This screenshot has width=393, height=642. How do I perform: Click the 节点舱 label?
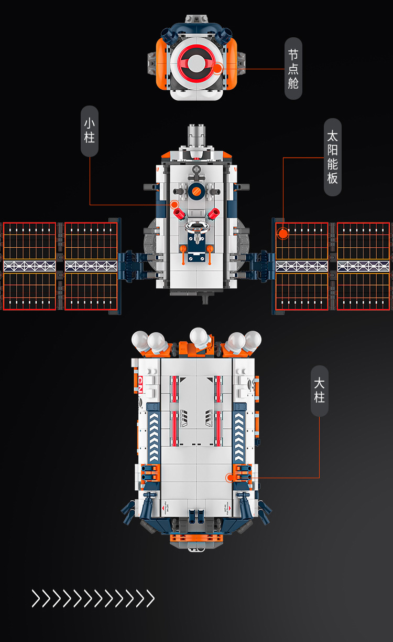click(x=293, y=68)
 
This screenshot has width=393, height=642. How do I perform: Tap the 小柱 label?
click(x=90, y=131)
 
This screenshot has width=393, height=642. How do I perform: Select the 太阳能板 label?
click(x=332, y=157)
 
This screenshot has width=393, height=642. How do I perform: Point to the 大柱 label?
click(x=320, y=390)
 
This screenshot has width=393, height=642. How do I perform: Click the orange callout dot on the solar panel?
click(x=283, y=233)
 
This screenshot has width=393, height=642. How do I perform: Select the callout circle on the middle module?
click(x=174, y=204)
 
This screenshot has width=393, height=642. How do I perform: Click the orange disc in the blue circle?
click(x=196, y=192)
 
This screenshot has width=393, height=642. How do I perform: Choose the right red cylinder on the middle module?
click(x=213, y=213)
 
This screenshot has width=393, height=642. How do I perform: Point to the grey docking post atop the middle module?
click(x=196, y=136)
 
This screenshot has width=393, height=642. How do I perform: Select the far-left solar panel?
click(x=29, y=266)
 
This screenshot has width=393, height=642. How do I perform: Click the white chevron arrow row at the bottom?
click(x=93, y=598)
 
